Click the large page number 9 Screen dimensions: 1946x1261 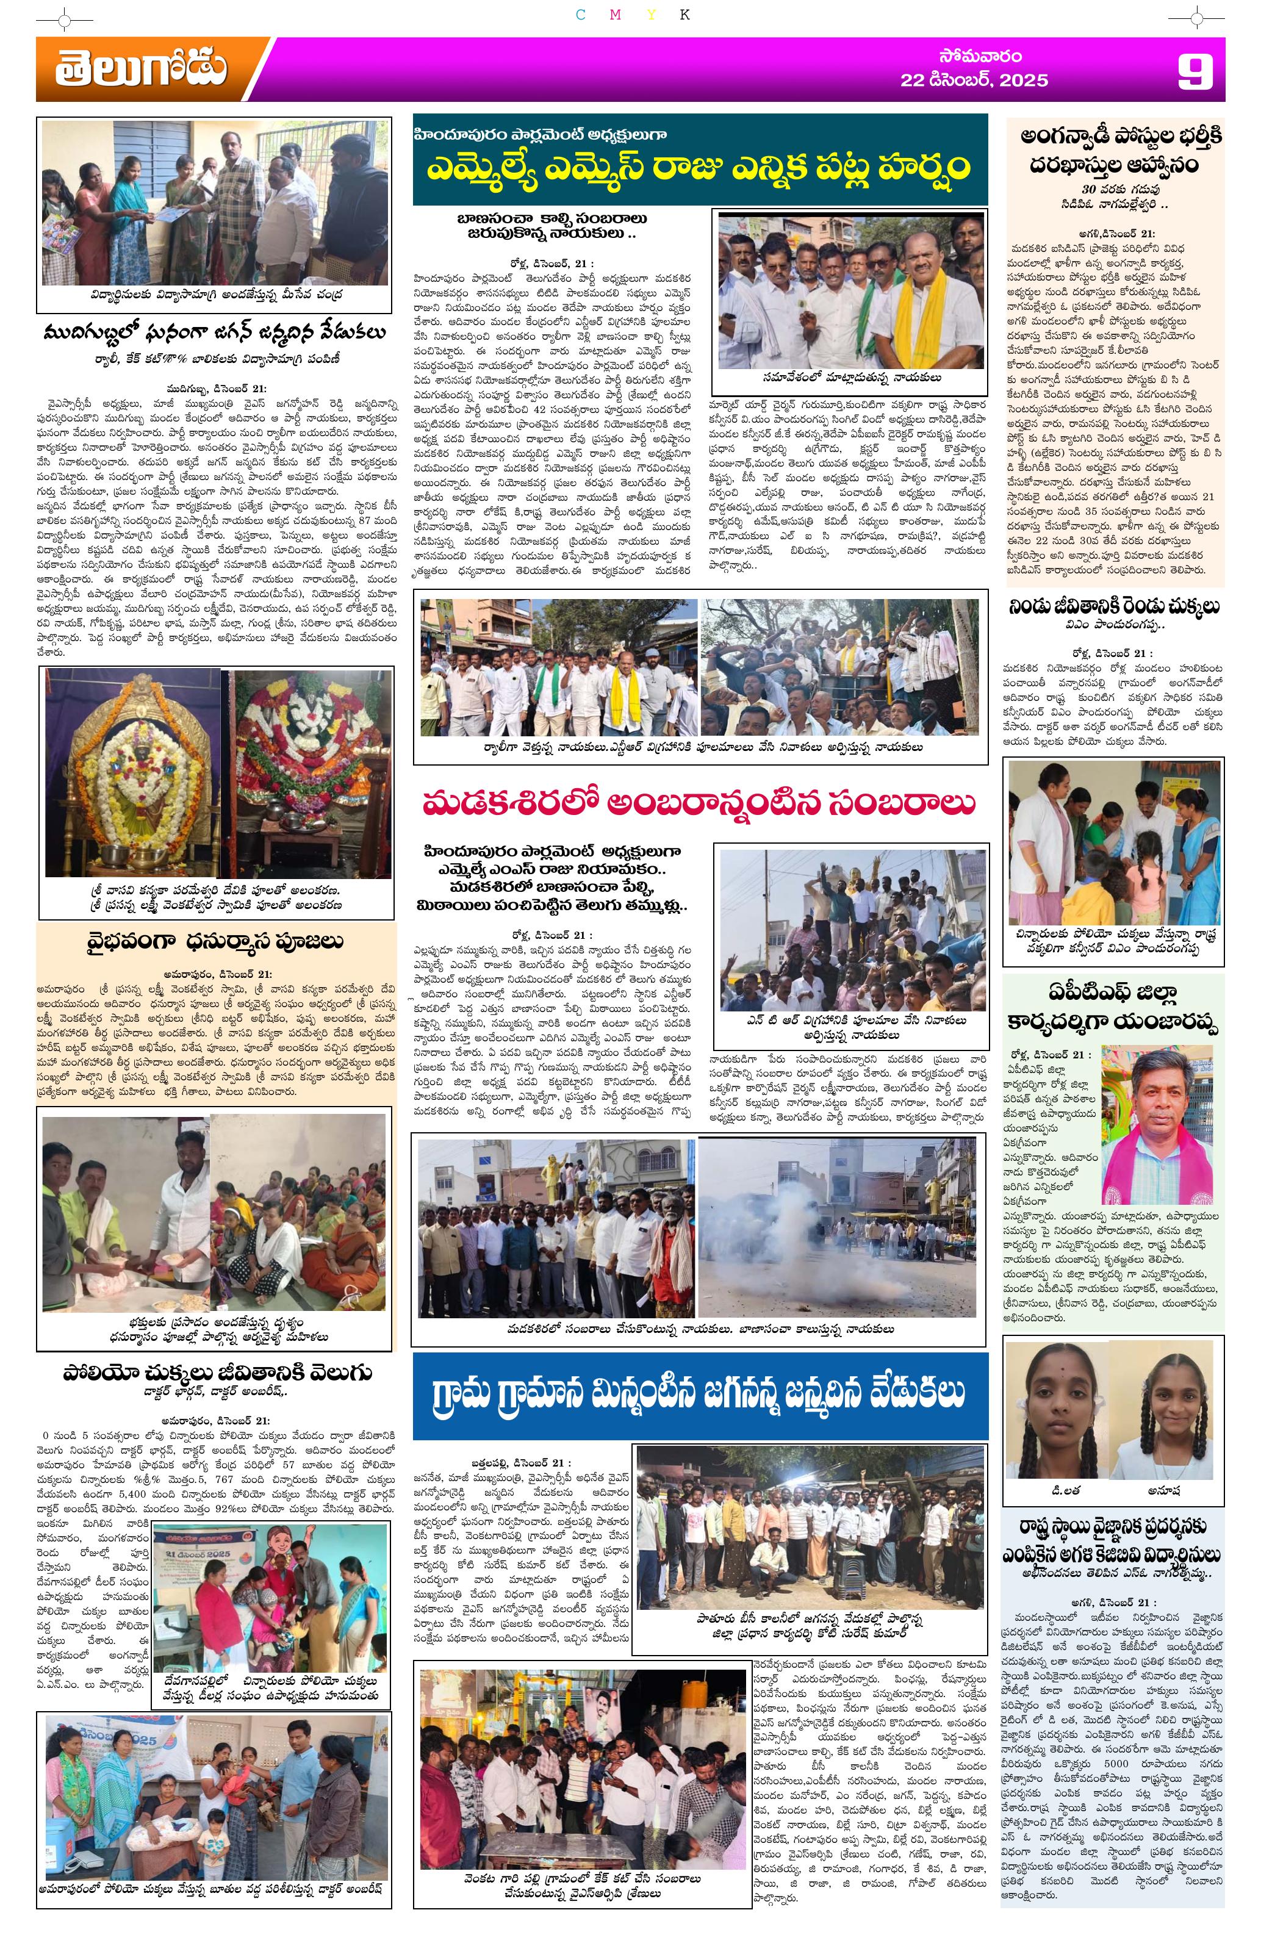pyautogui.click(x=1195, y=71)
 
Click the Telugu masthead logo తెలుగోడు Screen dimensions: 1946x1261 pyautogui.click(x=141, y=69)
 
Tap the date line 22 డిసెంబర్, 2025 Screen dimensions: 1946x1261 pyautogui.click(x=973, y=80)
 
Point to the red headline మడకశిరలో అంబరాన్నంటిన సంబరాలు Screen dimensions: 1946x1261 pyautogui.click(x=699, y=803)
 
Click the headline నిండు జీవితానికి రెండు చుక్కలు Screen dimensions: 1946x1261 pyautogui.click(x=1115, y=607)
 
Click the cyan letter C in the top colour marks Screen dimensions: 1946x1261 pyautogui.click(x=581, y=15)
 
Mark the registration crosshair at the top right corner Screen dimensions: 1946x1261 pyautogui.click(x=1196, y=17)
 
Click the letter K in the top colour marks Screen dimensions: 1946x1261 pyautogui.click(x=684, y=15)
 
